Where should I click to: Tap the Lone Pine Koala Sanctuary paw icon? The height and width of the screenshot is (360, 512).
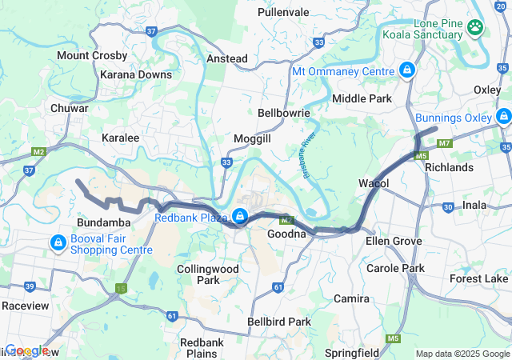point(477,27)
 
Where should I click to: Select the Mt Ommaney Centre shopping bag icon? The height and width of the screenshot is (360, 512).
point(407,70)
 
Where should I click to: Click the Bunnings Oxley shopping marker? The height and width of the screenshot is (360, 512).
point(503,118)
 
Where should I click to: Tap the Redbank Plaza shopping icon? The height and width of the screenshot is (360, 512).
point(239,217)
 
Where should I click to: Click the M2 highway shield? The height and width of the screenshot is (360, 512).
point(38,151)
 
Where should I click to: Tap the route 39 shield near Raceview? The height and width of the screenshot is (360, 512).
point(30,286)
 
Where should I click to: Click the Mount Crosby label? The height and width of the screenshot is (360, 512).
point(92,56)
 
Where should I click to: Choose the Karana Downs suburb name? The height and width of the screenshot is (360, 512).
point(136,74)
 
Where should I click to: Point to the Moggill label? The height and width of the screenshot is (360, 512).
point(252,139)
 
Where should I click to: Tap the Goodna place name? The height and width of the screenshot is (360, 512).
point(286,234)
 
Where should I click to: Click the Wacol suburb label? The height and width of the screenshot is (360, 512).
point(374,184)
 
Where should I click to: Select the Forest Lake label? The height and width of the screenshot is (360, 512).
point(478,279)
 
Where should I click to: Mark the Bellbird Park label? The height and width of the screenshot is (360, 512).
point(279,322)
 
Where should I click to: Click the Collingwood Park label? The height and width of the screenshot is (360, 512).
point(208,274)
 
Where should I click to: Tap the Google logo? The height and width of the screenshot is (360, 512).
point(26,350)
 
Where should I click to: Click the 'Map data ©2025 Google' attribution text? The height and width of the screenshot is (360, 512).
point(462,354)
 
